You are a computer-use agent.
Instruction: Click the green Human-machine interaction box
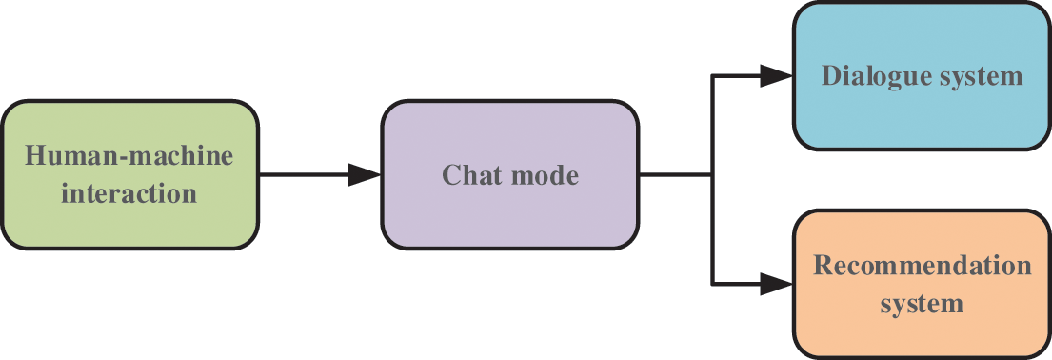[x=129, y=174]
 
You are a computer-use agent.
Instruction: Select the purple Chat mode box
[x=510, y=174]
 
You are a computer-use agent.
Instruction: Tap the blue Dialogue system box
[x=922, y=76]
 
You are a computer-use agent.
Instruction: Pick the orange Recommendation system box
[x=922, y=284]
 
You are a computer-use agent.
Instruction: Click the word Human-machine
[x=129, y=155]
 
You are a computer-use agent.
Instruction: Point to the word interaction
[x=129, y=194]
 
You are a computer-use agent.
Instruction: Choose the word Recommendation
[x=922, y=265]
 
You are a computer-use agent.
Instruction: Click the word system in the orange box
[x=922, y=305]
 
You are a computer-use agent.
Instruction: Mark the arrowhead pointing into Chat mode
[x=367, y=174]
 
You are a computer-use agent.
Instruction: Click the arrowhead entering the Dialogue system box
[x=777, y=76]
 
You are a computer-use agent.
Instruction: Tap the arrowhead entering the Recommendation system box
[x=777, y=283]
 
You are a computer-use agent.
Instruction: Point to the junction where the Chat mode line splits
[x=713, y=174]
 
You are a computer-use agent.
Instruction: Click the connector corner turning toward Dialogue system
[x=713, y=76]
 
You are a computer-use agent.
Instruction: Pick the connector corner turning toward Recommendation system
[x=713, y=283]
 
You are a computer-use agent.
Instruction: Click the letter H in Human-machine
[x=36, y=155]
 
